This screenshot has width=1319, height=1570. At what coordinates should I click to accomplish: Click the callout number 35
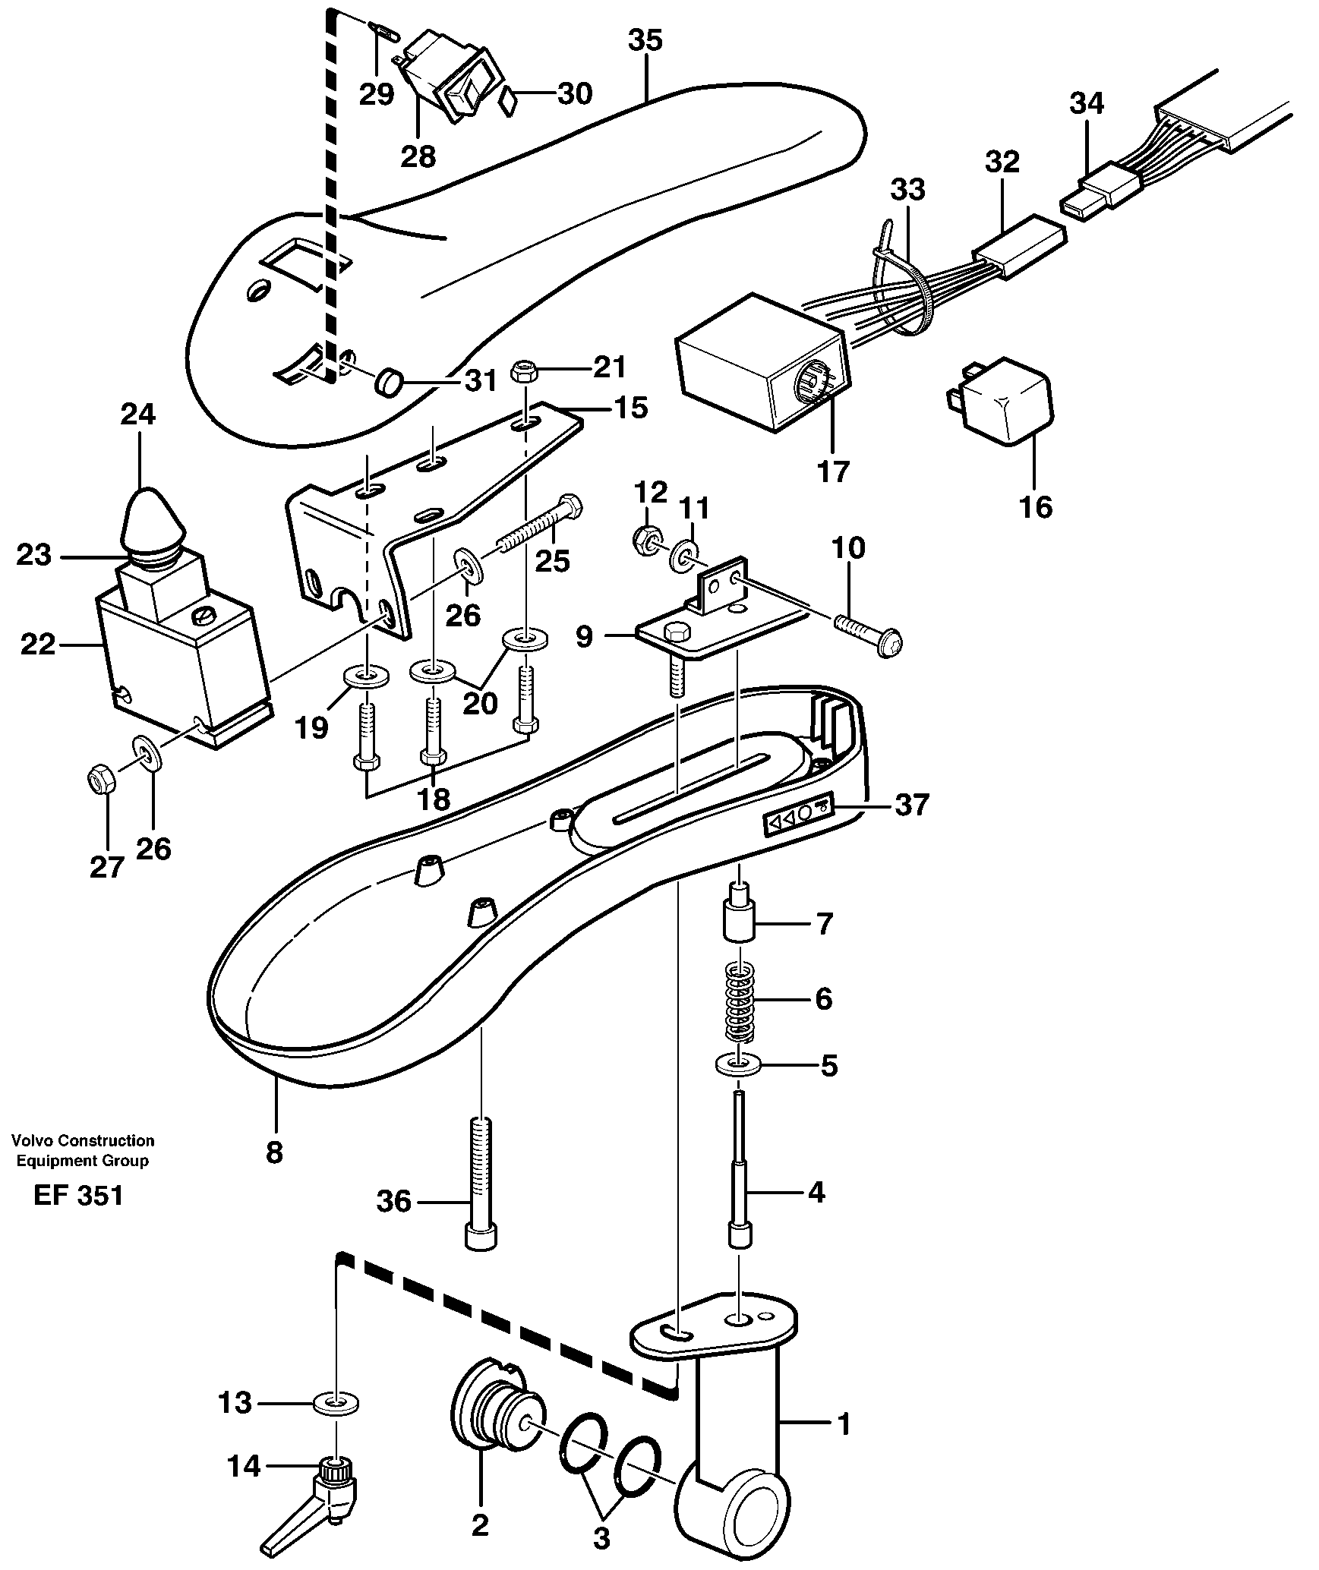coord(645,39)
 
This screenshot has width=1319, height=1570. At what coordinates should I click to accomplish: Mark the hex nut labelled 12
coord(645,540)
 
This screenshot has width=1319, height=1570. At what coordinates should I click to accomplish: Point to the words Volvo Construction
coord(83,1140)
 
